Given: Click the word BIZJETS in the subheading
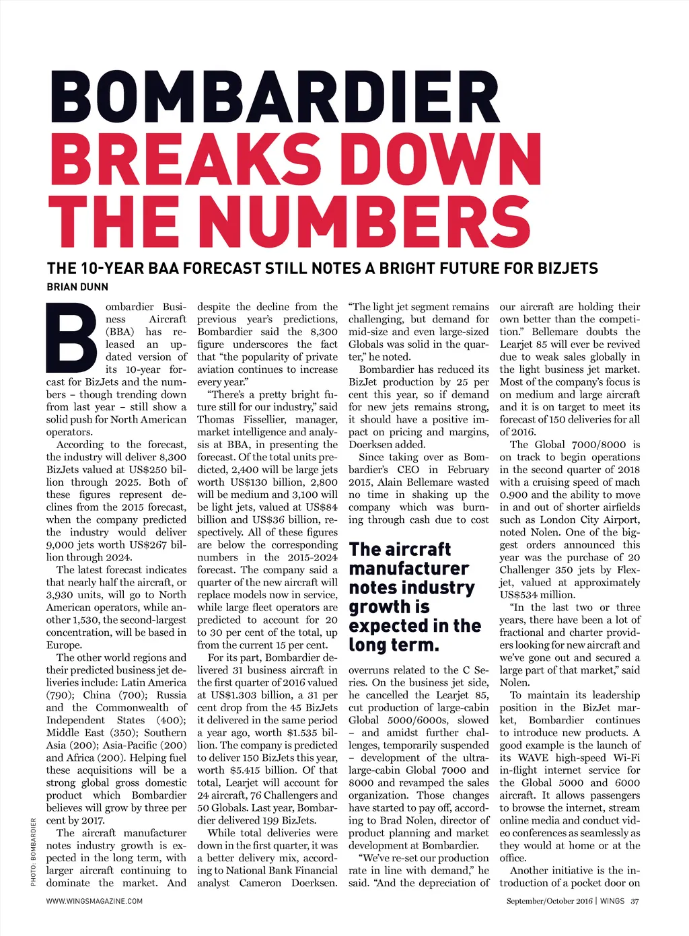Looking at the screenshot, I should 567,269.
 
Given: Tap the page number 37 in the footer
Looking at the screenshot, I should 635,901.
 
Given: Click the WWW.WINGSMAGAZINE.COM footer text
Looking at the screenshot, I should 94,901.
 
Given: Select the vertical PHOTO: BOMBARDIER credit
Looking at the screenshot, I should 33,851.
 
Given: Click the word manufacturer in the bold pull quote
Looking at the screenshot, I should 408,569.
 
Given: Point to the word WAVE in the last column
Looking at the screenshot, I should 533,758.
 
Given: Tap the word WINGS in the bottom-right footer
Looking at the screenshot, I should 613,901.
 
